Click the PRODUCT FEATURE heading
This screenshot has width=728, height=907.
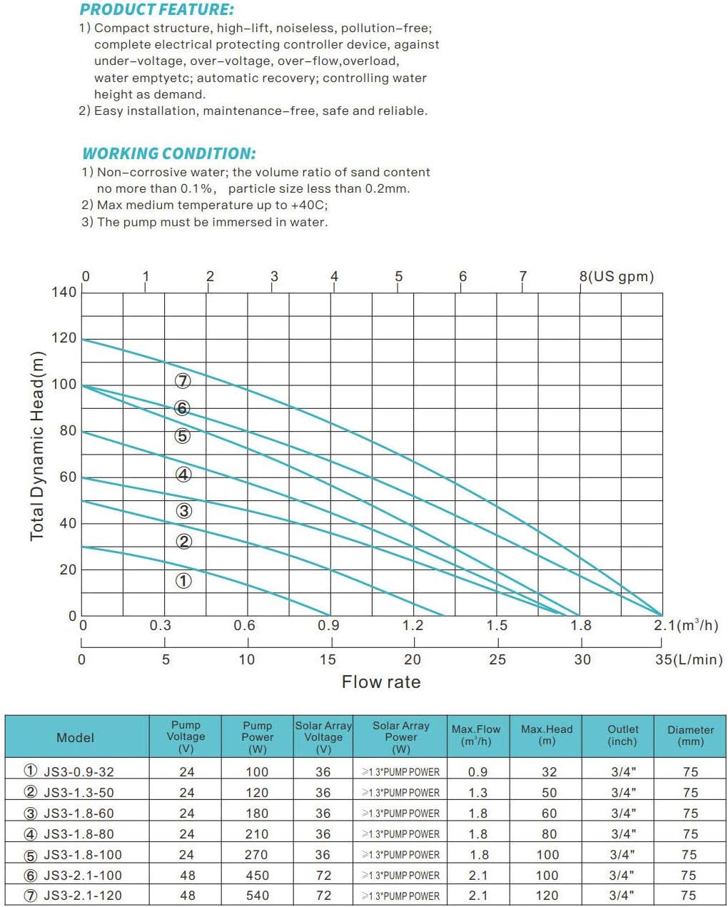[156, 10]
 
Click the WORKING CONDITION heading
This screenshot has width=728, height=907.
[168, 153]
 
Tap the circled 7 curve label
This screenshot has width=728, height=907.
[183, 381]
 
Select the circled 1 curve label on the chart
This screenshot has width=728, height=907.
[183, 581]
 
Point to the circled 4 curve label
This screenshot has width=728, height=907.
[183, 475]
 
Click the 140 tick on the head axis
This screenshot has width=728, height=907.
[64, 292]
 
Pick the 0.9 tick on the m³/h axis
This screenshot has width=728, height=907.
[328, 626]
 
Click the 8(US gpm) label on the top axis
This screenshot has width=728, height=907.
[616, 276]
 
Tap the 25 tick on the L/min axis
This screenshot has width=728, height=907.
[497, 659]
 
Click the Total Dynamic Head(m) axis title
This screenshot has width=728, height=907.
[37, 446]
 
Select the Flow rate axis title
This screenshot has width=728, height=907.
[381, 682]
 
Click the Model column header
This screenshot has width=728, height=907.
[75, 738]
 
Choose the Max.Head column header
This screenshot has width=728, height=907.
[547, 735]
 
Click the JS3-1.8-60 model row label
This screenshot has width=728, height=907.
[79, 814]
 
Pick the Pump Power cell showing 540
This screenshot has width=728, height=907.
[257, 896]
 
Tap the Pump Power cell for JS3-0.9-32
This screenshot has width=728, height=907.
[257, 772]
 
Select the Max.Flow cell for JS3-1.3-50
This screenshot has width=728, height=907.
[478, 793]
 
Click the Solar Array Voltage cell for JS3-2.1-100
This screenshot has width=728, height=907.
[323, 876]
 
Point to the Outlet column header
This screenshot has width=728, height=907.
[622, 735]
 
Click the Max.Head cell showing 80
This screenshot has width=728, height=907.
[547, 834]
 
